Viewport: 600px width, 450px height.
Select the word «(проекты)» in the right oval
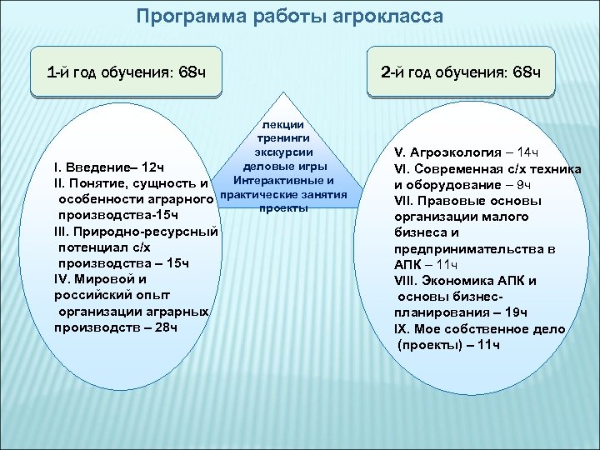click(428, 343)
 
